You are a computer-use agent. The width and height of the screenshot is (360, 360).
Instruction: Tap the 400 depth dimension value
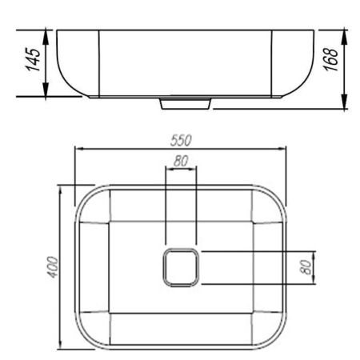(54, 267)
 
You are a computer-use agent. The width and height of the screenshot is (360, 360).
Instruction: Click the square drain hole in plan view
(180, 267)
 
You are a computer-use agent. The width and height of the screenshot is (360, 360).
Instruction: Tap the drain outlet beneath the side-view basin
(186, 103)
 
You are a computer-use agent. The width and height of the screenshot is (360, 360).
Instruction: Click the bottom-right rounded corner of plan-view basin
(277, 341)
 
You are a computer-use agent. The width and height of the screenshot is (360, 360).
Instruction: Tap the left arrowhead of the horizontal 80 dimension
(166, 170)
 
